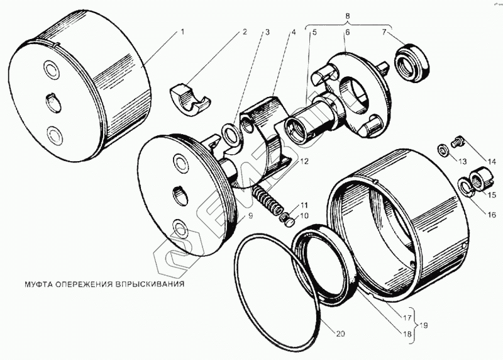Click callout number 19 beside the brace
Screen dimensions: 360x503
click(x=424, y=325)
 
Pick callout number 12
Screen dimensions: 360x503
click(x=304, y=162)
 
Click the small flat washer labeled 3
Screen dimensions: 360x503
click(x=231, y=133)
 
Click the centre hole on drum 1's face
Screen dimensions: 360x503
click(x=52, y=100)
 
